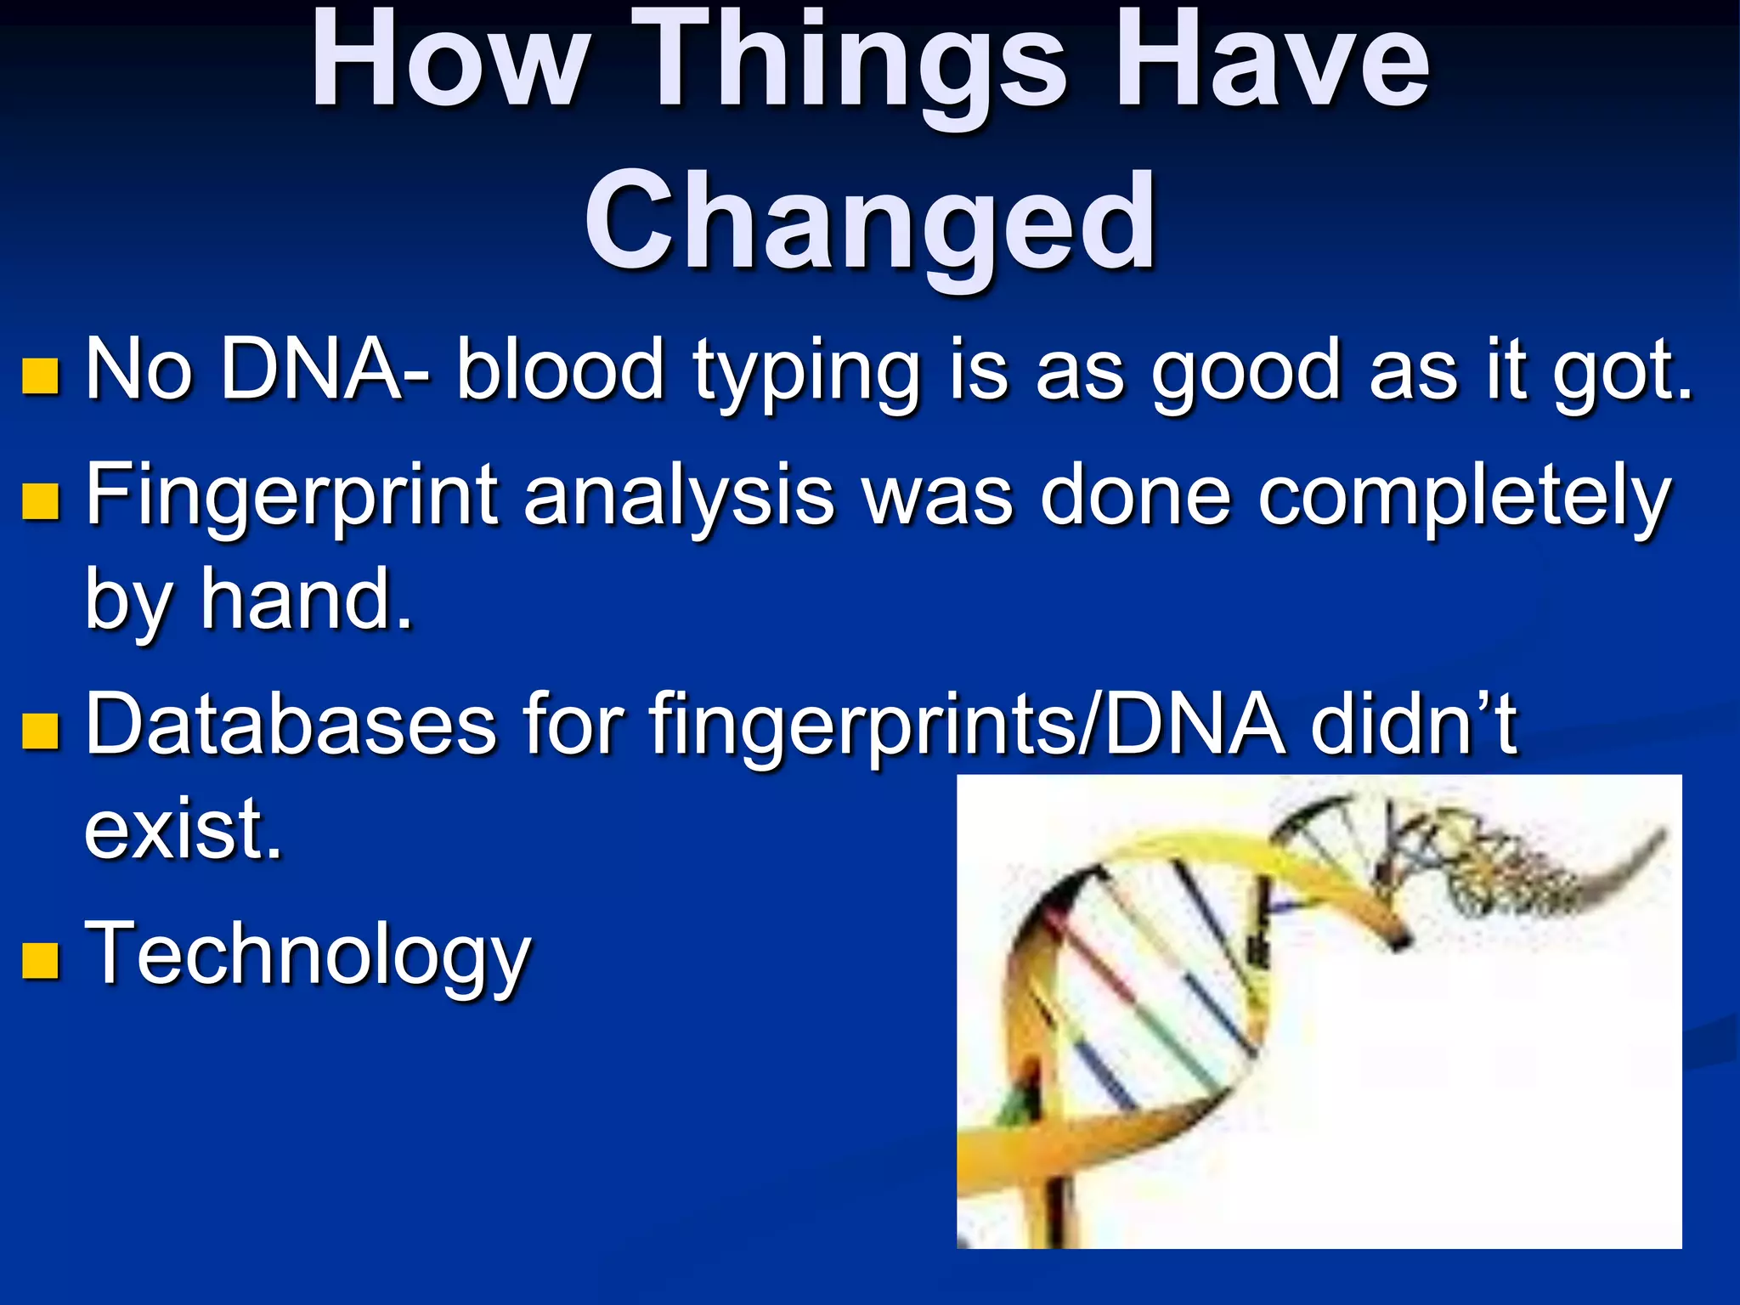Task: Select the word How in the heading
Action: click(x=450, y=64)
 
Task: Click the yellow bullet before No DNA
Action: click(x=40, y=376)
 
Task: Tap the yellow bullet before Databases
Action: click(x=40, y=730)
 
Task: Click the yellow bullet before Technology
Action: click(x=40, y=959)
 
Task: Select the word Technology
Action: click(x=308, y=956)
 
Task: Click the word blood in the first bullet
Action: click(x=560, y=370)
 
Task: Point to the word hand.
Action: click(x=306, y=599)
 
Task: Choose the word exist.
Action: click(x=183, y=828)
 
